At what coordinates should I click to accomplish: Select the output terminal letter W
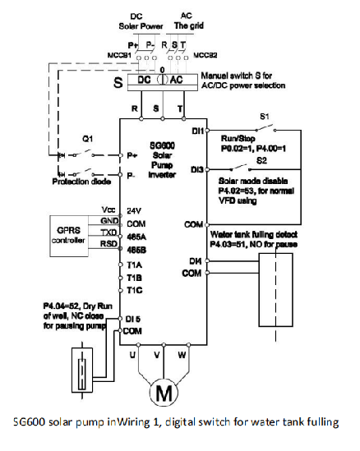pos(205,357)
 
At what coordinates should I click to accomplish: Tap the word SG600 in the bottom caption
pos(30,424)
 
